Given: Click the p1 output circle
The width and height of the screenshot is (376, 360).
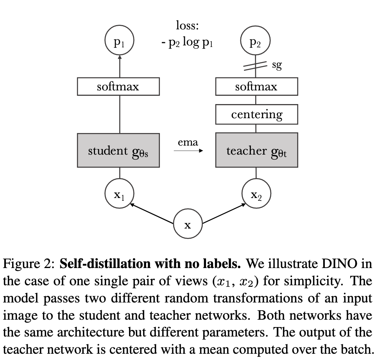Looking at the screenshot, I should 120,41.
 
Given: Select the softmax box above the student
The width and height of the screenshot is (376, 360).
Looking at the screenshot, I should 118,86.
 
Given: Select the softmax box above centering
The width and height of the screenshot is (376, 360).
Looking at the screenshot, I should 256,86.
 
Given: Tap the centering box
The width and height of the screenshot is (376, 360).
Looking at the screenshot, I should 256,115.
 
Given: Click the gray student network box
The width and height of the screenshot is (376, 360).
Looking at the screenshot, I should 118,151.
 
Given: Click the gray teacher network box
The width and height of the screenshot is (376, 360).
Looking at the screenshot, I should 256,151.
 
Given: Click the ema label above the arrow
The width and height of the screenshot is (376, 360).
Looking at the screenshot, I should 188,142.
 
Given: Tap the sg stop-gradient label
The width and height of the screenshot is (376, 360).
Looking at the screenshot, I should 276,65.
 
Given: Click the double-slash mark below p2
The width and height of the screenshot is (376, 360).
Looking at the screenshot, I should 255,67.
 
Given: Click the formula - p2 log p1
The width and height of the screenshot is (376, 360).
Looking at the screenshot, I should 188,42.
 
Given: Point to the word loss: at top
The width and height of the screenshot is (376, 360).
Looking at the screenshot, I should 188,26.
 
